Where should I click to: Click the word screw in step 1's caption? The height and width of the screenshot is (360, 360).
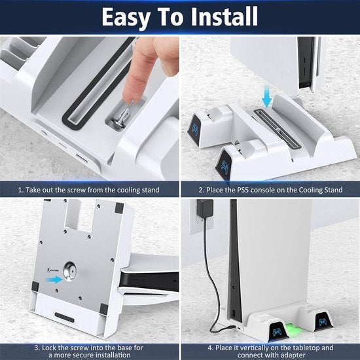point(88,190)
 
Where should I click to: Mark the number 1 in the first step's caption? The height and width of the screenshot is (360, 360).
point(22,190)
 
